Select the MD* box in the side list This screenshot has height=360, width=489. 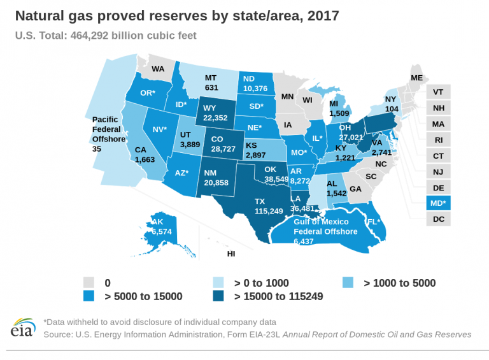(x=438, y=203)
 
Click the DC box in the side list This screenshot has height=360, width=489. (x=438, y=219)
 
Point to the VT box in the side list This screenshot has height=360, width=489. (x=438, y=92)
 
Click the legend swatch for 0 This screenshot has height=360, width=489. (x=90, y=282)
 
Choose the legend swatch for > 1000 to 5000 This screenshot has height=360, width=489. (x=348, y=282)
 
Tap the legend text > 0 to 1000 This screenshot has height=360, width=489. (x=262, y=282)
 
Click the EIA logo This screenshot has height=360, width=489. (x=22, y=328)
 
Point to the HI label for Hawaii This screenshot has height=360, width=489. (x=231, y=254)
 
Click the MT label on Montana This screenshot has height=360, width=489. (x=211, y=78)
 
